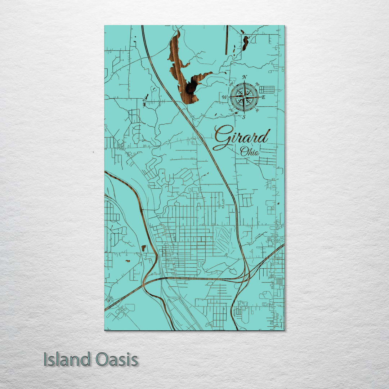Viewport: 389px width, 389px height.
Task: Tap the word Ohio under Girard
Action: point(250,152)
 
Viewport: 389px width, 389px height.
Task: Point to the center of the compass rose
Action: point(244,97)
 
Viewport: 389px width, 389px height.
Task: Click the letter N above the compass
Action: point(245,77)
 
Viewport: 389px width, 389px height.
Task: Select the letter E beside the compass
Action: point(263,97)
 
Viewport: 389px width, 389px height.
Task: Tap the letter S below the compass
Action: point(244,117)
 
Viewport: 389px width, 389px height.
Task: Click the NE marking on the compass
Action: point(256,84)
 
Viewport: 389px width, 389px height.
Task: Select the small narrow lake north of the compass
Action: point(245,43)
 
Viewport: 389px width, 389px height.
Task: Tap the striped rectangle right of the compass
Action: point(267,89)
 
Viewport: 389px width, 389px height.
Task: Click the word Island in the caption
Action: point(67,359)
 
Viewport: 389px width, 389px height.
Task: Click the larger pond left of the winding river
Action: point(143,248)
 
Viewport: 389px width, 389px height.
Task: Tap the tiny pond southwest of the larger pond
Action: point(128,261)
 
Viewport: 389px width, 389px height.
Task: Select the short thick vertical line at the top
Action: point(227,40)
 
